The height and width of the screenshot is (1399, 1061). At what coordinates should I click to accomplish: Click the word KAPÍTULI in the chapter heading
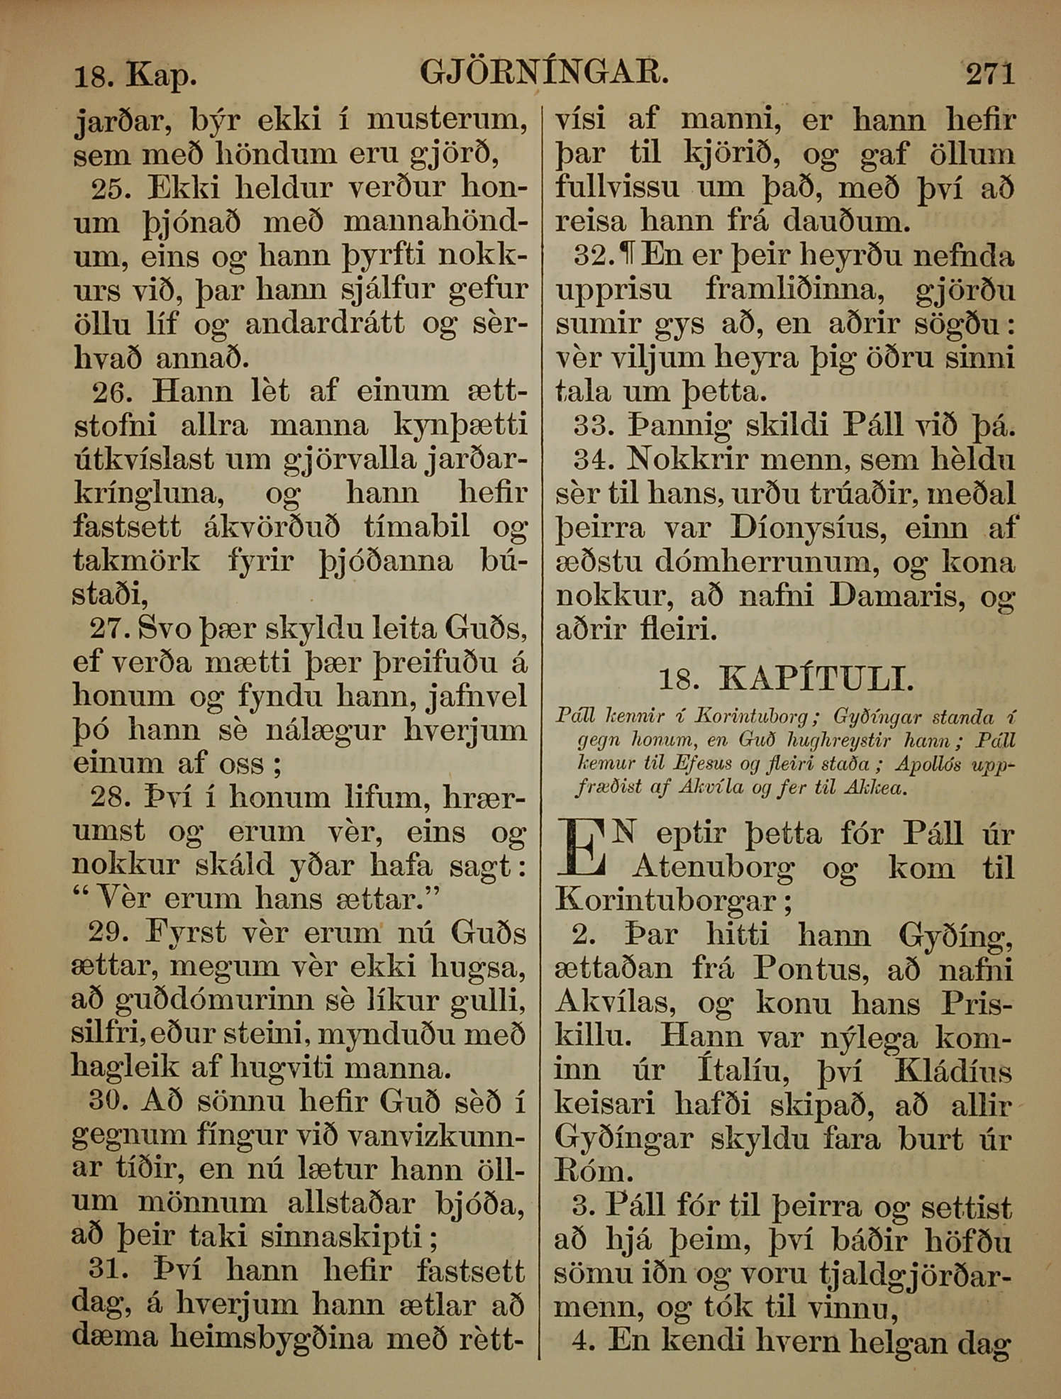click(816, 680)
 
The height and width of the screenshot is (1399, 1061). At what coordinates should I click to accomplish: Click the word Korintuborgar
click(667, 902)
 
